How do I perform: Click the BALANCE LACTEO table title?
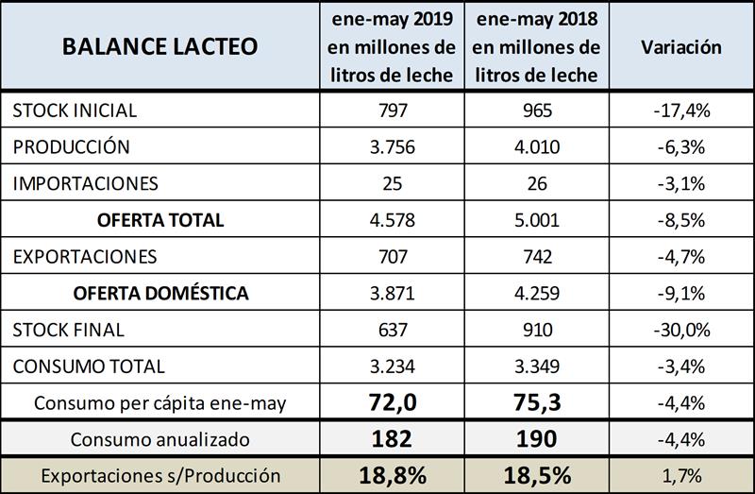pyautogui.click(x=159, y=46)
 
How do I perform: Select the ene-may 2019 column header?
pyautogui.click(x=392, y=46)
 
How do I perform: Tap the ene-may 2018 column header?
pyautogui.click(x=536, y=46)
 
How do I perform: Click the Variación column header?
pyautogui.click(x=680, y=46)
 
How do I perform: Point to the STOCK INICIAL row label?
pyautogui.click(x=75, y=111)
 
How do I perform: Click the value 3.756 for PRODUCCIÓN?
pyautogui.click(x=392, y=147)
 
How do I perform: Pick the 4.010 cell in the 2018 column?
pyautogui.click(x=536, y=147)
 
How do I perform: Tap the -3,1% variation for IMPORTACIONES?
pyautogui.click(x=680, y=183)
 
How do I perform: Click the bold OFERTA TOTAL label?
pyautogui.click(x=160, y=220)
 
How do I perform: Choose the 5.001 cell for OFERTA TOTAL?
pyautogui.click(x=536, y=220)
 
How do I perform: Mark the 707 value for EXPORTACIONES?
pyautogui.click(x=392, y=257)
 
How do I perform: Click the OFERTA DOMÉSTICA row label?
pyautogui.click(x=160, y=294)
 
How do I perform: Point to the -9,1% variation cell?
pyautogui.click(x=680, y=294)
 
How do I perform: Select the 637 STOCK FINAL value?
pyautogui.click(x=392, y=330)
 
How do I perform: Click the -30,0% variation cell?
pyautogui.click(x=680, y=330)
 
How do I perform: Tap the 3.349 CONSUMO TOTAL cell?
pyautogui.click(x=536, y=366)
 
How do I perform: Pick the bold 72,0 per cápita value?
pyautogui.click(x=392, y=402)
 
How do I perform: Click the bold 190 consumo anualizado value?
pyautogui.click(x=536, y=439)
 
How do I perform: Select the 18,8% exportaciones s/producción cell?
pyautogui.click(x=392, y=475)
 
